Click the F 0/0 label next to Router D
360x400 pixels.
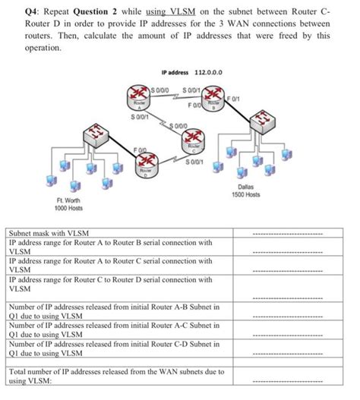click(x=141, y=152)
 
